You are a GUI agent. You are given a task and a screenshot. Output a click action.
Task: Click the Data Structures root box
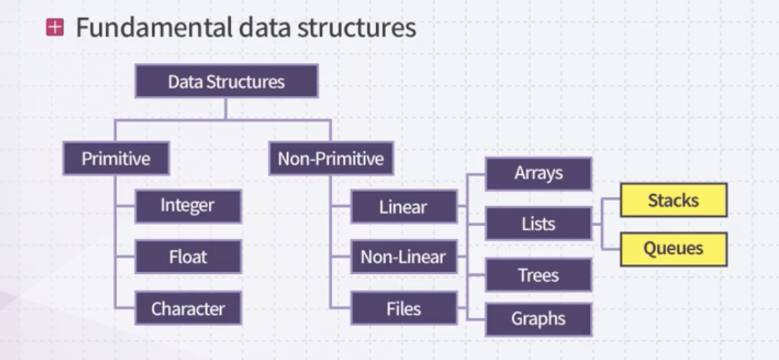[226, 82]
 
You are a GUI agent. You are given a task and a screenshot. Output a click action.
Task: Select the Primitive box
[116, 158]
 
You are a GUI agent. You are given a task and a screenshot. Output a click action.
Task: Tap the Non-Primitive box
[330, 158]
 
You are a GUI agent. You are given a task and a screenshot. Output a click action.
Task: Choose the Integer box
[188, 206]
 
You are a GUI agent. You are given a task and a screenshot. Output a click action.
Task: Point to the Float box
[188, 257]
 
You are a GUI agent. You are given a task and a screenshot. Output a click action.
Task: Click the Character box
[188, 308]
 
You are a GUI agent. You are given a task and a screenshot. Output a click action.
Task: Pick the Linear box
[404, 207]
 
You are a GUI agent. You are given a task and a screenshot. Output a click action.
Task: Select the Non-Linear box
[404, 257]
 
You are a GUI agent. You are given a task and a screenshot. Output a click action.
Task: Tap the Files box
[404, 308]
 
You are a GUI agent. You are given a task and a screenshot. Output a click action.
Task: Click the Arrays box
[538, 174]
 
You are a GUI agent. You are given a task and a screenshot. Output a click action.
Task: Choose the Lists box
[538, 224]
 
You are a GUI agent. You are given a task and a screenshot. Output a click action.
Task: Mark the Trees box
[538, 275]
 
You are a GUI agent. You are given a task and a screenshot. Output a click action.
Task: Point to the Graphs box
[538, 319]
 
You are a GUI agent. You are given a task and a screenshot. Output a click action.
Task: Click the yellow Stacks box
[673, 200]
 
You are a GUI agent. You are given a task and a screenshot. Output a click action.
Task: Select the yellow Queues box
[673, 248]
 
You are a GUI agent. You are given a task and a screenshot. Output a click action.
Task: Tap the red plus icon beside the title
[54, 28]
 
